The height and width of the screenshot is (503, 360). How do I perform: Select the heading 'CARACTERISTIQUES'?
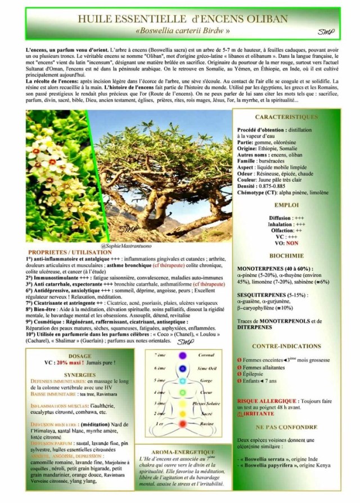[x=286, y=117]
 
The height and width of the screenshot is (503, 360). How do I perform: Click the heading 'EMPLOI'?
[x=286, y=205]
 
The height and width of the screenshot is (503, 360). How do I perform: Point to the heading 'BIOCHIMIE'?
[x=286, y=255]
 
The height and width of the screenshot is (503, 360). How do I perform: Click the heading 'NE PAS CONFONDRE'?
[x=286, y=426]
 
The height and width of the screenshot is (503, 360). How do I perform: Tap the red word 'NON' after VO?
[x=292, y=244]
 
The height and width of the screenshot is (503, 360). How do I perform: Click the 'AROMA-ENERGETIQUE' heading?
[x=183, y=452]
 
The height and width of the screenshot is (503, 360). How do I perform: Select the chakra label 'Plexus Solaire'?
[x=206, y=403]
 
